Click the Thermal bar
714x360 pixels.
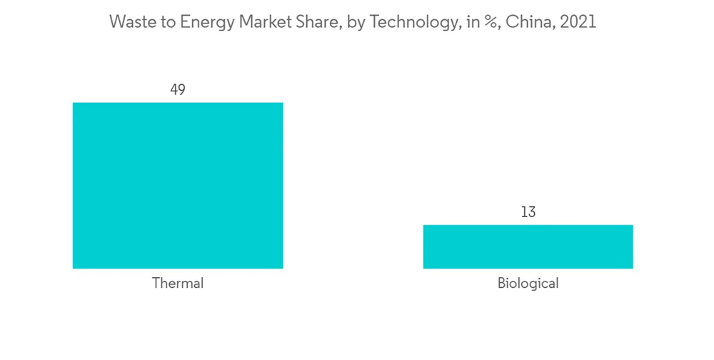click(178, 186)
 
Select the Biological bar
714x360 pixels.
click(528, 247)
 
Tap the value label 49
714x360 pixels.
click(178, 89)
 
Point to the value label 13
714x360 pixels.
click(528, 212)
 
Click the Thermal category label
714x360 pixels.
click(178, 284)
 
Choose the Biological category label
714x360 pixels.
click(528, 284)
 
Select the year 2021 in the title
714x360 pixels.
click(578, 22)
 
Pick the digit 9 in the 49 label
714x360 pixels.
click(182, 89)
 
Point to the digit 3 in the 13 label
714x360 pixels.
click(532, 212)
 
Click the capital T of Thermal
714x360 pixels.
click(156, 284)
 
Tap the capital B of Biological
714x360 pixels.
click(501, 284)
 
